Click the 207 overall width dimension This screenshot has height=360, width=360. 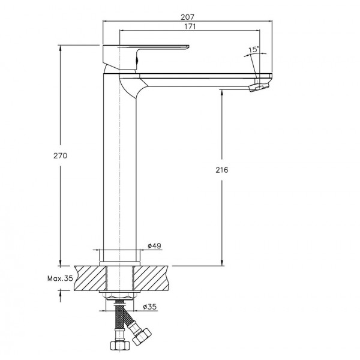[187, 17]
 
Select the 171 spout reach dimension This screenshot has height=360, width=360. [190, 26]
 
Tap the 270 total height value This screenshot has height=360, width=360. [61, 155]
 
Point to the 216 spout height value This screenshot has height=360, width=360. [222, 170]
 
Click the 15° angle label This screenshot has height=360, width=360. [253, 49]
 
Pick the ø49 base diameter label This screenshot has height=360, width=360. [154, 246]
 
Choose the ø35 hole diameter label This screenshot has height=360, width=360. [149, 307]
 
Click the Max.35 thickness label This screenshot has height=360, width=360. [60, 278]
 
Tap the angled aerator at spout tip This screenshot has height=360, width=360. [259, 87]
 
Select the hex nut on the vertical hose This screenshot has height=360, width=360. [118, 345]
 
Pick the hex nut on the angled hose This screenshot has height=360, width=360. [142, 337]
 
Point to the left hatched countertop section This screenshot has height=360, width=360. [91, 278]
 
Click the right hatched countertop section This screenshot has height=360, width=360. [151, 278]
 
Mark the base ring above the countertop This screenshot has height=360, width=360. [119, 263]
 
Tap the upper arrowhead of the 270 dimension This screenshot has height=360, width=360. [61, 48]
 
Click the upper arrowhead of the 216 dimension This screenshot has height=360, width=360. [222, 92]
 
